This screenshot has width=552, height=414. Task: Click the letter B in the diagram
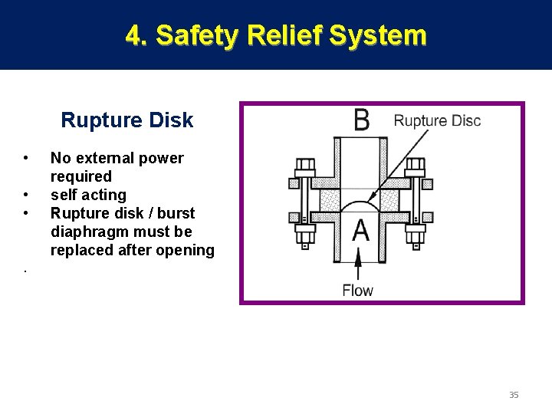click(x=361, y=121)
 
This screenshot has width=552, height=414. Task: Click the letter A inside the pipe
click(x=360, y=231)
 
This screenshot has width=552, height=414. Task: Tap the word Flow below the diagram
click(x=357, y=291)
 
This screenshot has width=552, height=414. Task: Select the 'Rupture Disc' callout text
click(x=437, y=120)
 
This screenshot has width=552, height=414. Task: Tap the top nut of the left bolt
click(x=305, y=165)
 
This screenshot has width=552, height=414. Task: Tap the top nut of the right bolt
click(x=415, y=165)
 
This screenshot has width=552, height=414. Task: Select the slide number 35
click(x=514, y=395)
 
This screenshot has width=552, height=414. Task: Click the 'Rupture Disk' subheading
click(x=127, y=120)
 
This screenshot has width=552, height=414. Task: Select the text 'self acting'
click(x=88, y=195)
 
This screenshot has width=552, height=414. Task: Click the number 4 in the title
click(x=134, y=35)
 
